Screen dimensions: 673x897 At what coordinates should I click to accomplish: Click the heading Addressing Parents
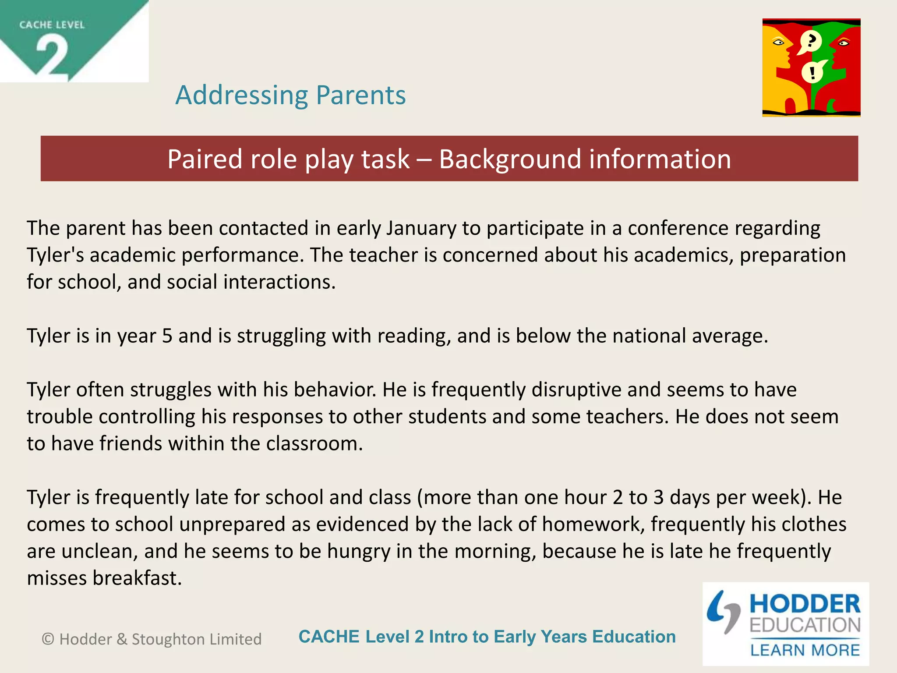(290, 95)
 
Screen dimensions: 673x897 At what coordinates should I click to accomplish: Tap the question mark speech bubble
(810, 41)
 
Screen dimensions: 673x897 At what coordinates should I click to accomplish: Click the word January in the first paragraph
(420, 228)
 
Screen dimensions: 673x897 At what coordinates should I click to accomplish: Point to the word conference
(678, 228)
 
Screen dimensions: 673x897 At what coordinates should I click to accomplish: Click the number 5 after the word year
(167, 336)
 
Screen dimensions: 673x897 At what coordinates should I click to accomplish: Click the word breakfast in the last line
(137, 578)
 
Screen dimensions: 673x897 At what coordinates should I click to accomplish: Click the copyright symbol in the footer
(48, 639)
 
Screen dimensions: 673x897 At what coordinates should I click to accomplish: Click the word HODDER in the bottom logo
(805, 604)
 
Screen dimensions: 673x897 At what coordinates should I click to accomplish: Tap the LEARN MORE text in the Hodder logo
(805, 650)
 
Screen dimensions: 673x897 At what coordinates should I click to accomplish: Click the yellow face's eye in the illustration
(778, 43)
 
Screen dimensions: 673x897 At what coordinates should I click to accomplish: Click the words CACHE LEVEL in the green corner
(52, 25)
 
